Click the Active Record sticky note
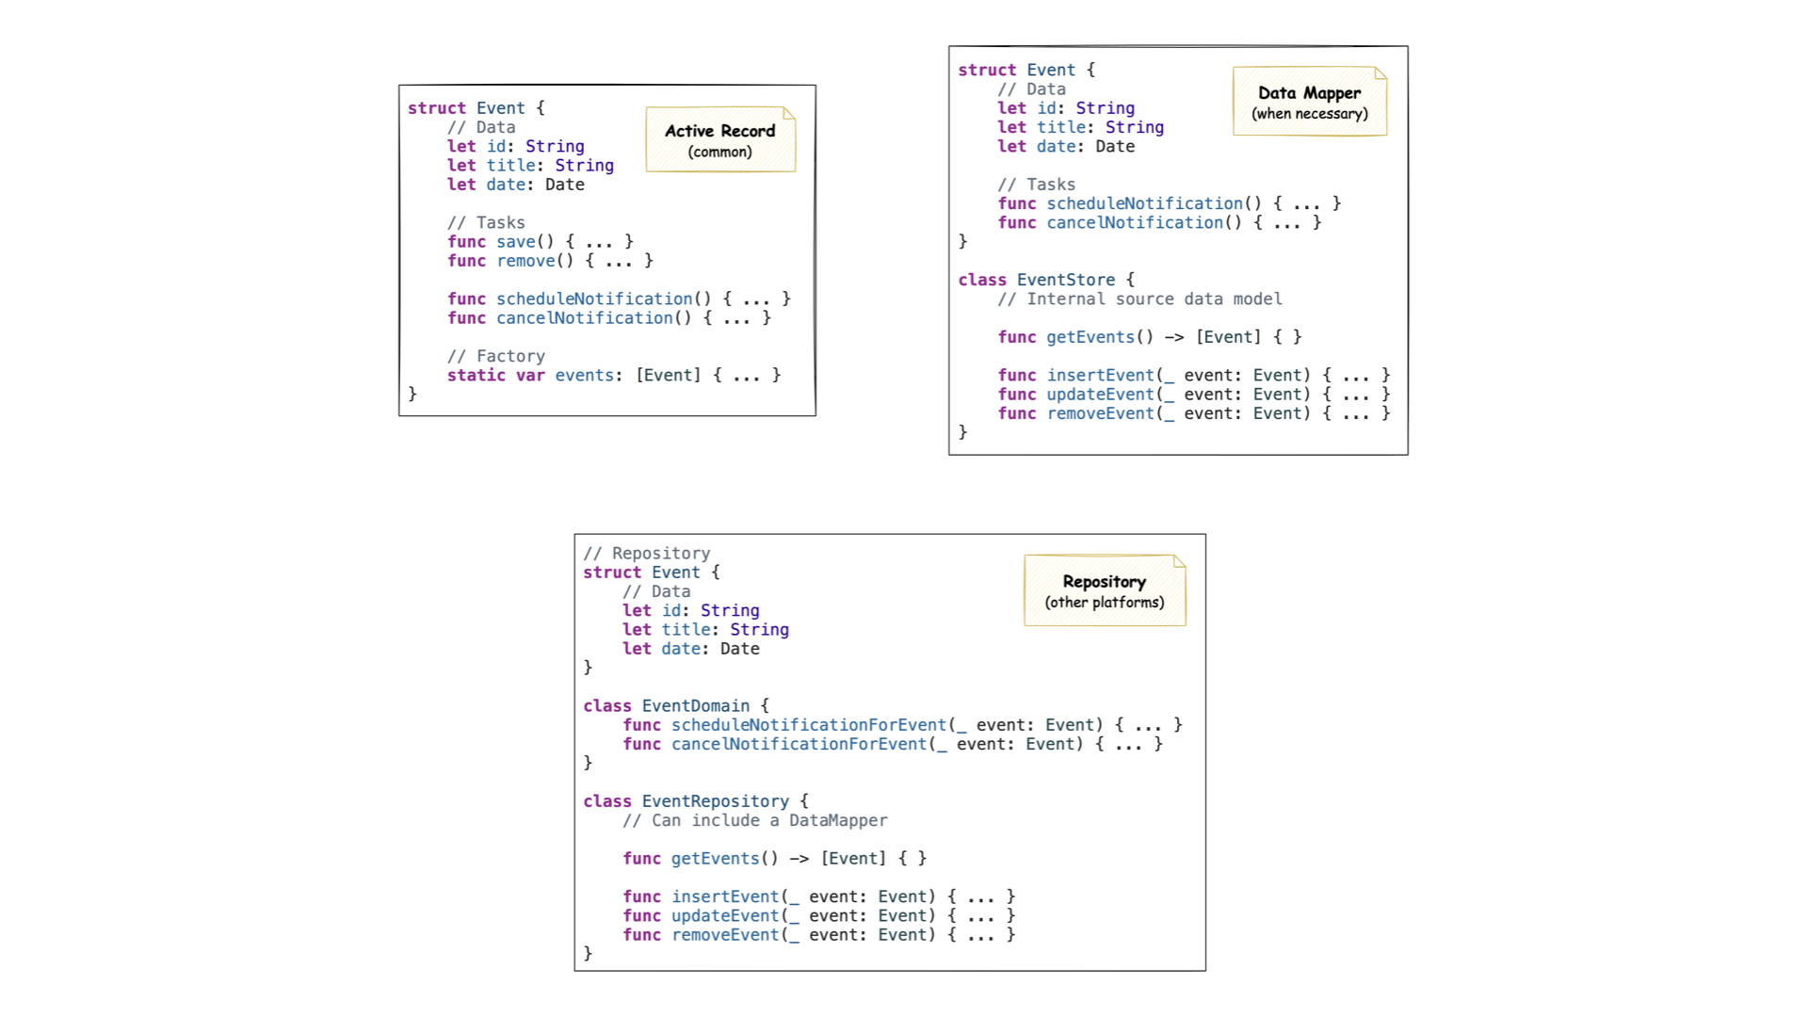tap(720, 139)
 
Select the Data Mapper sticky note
tap(1309, 102)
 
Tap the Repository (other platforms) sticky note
tap(1105, 590)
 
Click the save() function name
tap(515, 242)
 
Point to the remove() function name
tap(525, 261)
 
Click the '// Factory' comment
tap(496, 356)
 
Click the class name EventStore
tap(1066, 280)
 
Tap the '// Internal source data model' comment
tap(1139, 299)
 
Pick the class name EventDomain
tap(696, 705)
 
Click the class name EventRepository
tap(716, 800)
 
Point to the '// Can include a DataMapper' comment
tap(754, 820)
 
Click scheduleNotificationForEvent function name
tap(808, 725)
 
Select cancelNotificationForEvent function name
tap(799, 744)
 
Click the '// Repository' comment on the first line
tap(646, 554)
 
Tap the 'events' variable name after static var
tap(584, 375)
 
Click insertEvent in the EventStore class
tap(1100, 375)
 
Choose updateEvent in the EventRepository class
tap(725, 915)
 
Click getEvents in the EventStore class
tap(1090, 337)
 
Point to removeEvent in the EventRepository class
tap(725, 934)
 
